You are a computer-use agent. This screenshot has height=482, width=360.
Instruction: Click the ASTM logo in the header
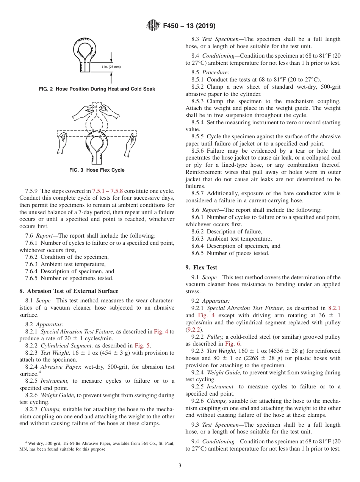click(153, 26)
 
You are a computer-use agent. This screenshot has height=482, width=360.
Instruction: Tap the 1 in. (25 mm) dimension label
click(111, 67)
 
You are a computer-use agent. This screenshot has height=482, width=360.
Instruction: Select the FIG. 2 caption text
click(97, 89)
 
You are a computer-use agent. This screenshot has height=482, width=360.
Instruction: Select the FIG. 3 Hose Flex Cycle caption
click(97, 170)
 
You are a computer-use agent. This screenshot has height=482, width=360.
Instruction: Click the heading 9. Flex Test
click(201, 267)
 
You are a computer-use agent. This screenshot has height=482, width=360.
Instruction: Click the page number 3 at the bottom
click(180, 465)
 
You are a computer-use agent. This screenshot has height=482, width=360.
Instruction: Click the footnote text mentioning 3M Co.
click(97, 446)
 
